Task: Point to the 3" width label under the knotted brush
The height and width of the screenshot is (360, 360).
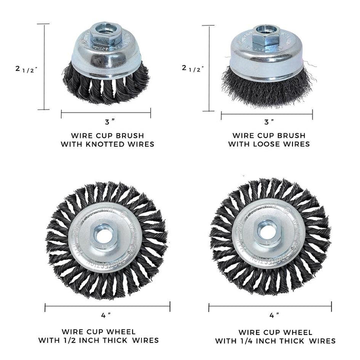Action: (x=105, y=121)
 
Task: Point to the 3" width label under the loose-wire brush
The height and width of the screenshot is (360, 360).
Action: (x=268, y=121)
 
